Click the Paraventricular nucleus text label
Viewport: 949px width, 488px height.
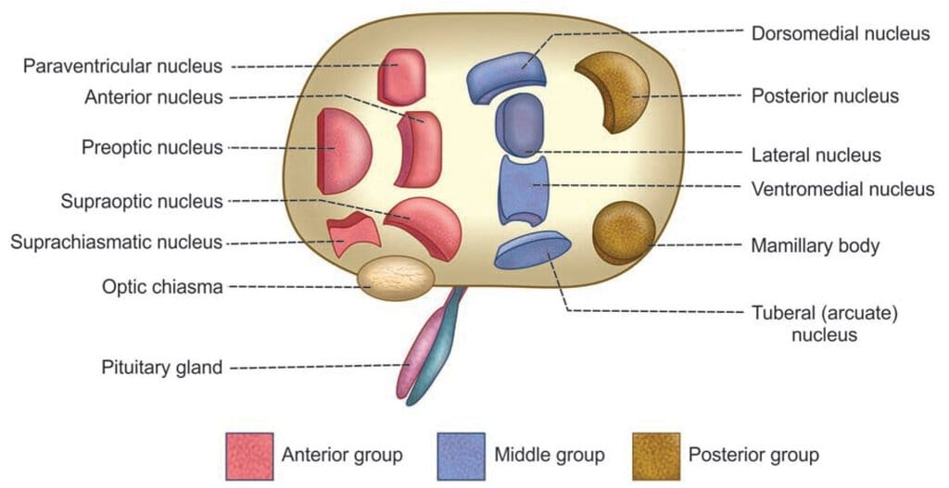pyautogui.click(x=123, y=66)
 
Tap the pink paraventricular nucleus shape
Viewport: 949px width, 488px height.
pyautogui.click(x=400, y=77)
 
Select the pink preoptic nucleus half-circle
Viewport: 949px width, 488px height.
pyautogui.click(x=342, y=151)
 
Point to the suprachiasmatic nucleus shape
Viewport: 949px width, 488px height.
pyautogui.click(x=353, y=234)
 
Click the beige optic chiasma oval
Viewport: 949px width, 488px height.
pyautogui.click(x=396, y=278)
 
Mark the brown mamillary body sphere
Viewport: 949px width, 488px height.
pyautogui.click(x=624, y=232)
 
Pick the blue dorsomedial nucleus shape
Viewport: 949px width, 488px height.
pyautogui.click(x=507, y=77)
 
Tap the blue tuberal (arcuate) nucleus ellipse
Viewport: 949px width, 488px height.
pyautogui.click(x=533, y=250)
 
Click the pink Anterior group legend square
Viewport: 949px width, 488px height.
pyautogui.click(x=249, y=456)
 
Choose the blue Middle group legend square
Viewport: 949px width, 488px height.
pyautogui.click(x=461, y=456)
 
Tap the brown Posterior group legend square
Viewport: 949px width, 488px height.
pyautogui.click(x=656, y=456)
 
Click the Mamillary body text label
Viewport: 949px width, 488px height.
pyautogui.click(x=815, y=246)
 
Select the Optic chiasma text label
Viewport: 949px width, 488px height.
pyautogui.click(x=162, y=287)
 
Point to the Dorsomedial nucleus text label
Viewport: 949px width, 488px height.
pyautogui.click(x=841, y=33)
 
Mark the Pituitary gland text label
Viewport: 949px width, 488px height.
pyautogui.click(x=161, y=368)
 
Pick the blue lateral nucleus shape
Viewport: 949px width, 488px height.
pyautogui.click(x=519, y=125)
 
